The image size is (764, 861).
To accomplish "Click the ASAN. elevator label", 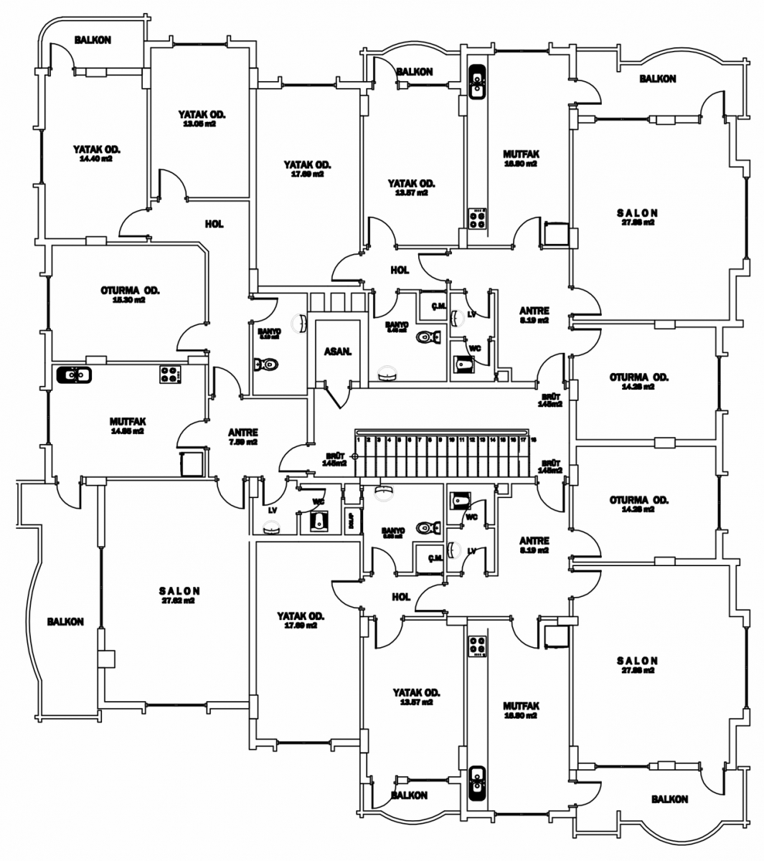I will tap(337, 352).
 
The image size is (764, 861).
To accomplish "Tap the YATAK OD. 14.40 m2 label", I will tap(96, 153).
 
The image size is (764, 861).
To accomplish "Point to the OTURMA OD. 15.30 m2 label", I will tap(130, 294).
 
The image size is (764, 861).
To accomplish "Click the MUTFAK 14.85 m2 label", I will tap(128, 425).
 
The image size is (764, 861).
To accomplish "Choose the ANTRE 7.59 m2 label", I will tap(242, 437).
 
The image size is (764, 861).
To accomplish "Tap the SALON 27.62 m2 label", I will tap(179, 596).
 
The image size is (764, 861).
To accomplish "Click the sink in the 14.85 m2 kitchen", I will tap(72, 374).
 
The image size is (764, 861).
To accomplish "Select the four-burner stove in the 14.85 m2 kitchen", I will tap(170, 374).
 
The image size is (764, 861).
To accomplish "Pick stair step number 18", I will tap(534, 439).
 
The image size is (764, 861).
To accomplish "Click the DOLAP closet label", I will tap(349, 520).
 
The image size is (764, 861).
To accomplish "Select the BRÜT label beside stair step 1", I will tap(335, 459).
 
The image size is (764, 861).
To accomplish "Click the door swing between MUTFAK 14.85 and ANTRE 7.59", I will tap(192, 430).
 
